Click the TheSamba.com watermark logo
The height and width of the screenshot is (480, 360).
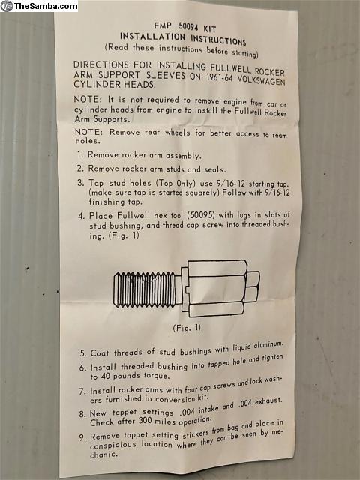point(39,6)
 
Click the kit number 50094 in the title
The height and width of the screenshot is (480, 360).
point(188,27)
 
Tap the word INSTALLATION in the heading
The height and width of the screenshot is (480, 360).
point(152,37)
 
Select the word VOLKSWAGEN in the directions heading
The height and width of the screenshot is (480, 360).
point(262,80)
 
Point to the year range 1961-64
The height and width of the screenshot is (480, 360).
point(219,76)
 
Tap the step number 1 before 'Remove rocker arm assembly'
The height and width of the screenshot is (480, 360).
point(80,154)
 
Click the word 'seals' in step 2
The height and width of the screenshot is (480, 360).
point(215,169)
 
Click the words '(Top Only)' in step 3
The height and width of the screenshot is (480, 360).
point(175,183)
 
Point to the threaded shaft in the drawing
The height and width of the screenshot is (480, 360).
point(145,289)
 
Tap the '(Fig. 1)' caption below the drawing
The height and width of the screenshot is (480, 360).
point(187,328)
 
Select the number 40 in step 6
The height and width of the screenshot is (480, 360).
point(105,376)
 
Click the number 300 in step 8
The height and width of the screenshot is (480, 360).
point(145,421)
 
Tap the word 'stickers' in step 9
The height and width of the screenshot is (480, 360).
point(196,433)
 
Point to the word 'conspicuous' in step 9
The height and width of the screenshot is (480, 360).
point(113,445)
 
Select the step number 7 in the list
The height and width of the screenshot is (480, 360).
point(82,391)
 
